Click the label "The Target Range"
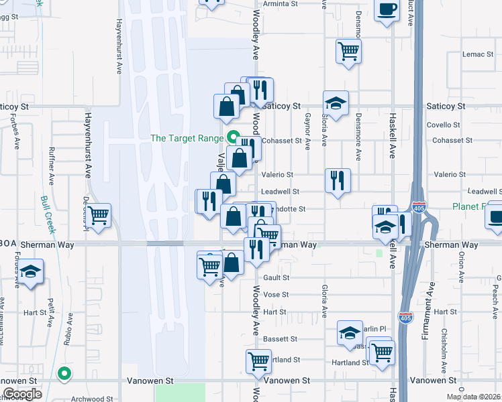coord(187,138)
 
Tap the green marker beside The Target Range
coord(234,138)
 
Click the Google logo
coord(22,394)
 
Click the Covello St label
coord(442,125)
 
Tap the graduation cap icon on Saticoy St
coord(336,103)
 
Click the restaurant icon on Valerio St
coord(338,180)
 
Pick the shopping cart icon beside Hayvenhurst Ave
coord(99,215)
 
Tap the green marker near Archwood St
coord(64,374)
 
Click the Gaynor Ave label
coord(307,131)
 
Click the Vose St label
coord(275,295)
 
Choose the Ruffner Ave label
coord(50,167)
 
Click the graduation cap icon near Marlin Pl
coord(349,333)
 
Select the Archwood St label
coord(88,399)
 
